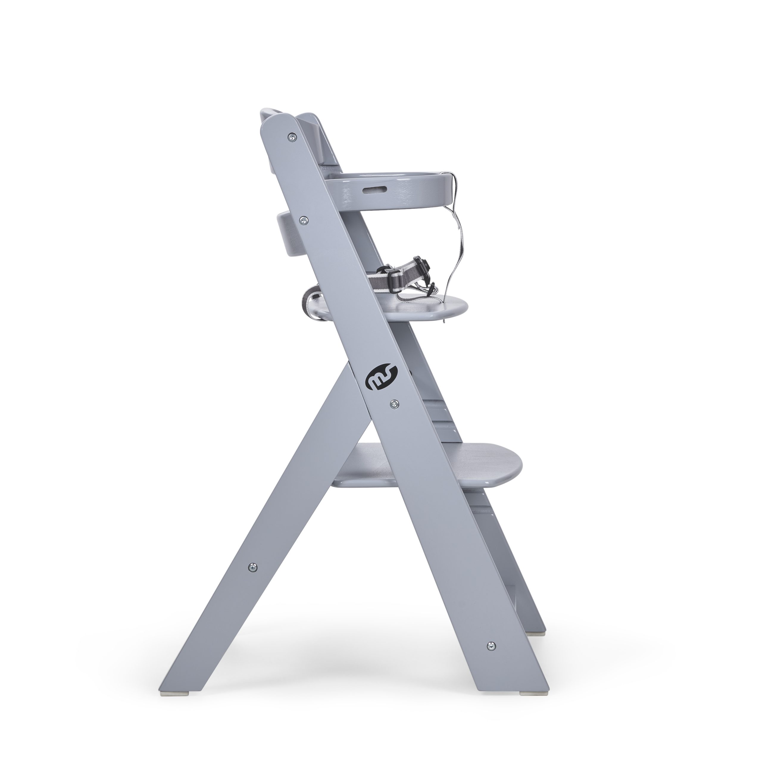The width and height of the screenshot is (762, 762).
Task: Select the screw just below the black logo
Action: click(394, 403)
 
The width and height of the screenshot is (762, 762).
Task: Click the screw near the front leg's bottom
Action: click(490, 646)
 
